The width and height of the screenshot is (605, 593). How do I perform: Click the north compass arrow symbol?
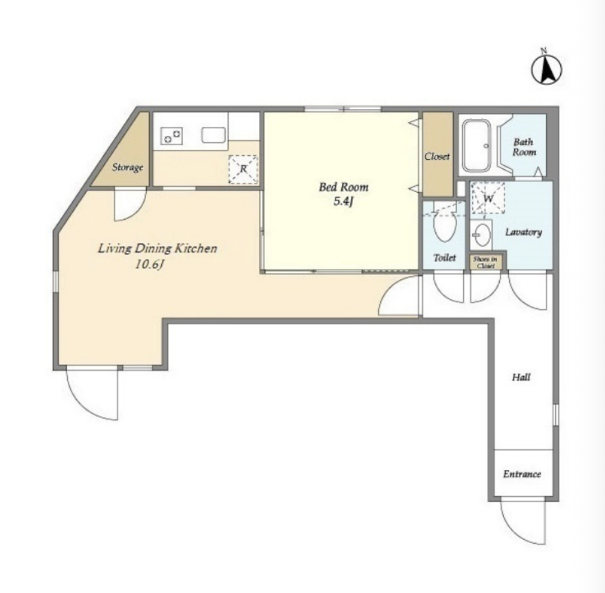click(546, 70)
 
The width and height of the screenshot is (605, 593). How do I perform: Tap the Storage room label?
click(128, 168)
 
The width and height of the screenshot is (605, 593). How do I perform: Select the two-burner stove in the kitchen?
click(172, 136)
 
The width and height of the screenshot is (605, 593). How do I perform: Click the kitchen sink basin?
click(213, 135)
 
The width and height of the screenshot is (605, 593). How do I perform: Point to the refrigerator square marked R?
click(243, 169)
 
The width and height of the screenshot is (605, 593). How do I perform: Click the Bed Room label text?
click(343, 187)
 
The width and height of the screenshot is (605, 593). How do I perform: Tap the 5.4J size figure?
click(343, 201)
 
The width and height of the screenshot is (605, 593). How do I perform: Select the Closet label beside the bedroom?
click(437, 156)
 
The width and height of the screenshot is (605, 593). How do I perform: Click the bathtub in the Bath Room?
click(477, 145)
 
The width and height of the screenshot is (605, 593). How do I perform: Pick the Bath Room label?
click(524, 147)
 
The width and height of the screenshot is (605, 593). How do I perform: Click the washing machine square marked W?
click(489, 198)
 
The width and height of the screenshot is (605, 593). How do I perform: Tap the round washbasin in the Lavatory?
click(481, 235)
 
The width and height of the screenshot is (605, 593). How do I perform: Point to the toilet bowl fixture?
click(445, 225)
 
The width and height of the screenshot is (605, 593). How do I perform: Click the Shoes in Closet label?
click(485, 262)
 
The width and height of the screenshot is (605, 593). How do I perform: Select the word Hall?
click(521, 377)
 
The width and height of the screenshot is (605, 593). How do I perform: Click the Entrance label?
click(522, 474)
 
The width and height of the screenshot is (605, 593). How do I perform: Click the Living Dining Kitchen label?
click(157, 248)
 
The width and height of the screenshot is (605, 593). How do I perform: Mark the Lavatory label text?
click(523, 232)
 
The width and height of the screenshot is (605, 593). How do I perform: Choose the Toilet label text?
click(445, 257)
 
